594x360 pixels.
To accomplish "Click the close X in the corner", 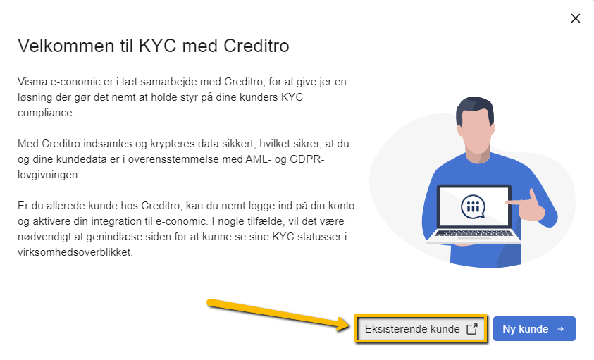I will click(x=576, y=18).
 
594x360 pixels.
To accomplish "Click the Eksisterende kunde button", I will click(x=412, y=329).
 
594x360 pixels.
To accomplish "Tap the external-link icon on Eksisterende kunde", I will click(x=472, y=329).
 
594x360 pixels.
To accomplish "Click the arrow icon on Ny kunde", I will click(x=561, y=329).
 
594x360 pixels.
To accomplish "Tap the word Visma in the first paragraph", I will click(x=32, y=82).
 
